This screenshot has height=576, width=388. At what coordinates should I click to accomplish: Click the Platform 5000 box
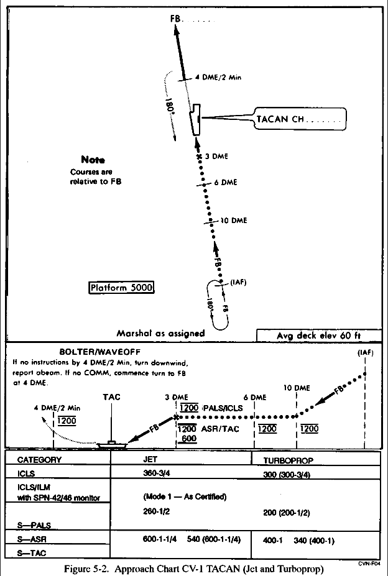pyautogui.click(x=121, y=288)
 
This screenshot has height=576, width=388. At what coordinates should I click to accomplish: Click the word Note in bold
pyautogui.click(x=93, y=160)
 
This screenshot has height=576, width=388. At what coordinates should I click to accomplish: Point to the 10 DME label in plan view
pyautogui.click(x=231, y=220)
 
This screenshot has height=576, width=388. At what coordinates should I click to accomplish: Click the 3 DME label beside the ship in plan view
pyautogui.click(x=216, y=157)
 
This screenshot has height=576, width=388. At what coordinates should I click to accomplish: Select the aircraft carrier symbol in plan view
pyautogui.click(x=195, y=120)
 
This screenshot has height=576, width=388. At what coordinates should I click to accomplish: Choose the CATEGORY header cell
pyautogui.click(x=39, y=460)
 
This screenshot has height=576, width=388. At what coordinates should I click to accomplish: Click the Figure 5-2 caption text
pyautogui.click(x=195, y=568)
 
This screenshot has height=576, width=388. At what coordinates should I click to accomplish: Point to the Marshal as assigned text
pyautogui.click(x=160, y=333)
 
